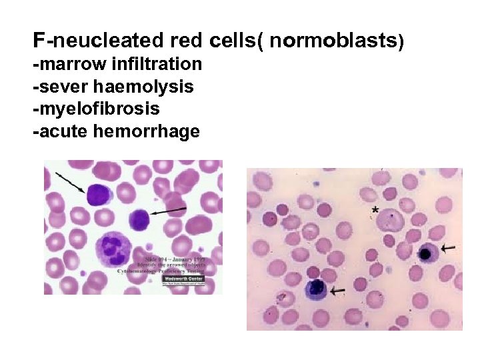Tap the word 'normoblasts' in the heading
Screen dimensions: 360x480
(x=333, y=41)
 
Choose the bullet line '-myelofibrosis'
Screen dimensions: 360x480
(x=96, y=109)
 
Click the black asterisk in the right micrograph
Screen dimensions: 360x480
(x=375, y=211)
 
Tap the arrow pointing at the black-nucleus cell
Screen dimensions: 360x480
(x=448, y=248)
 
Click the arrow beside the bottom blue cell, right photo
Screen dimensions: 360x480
(x=337, y=291)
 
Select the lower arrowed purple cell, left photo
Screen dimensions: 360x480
(x=140, y=219)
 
